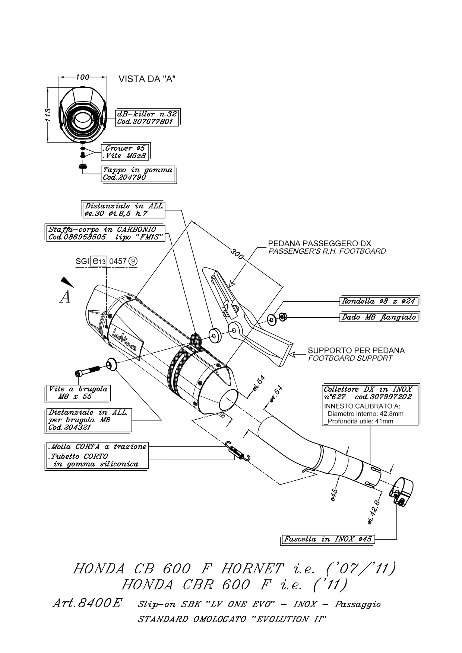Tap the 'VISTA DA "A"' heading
click(147, 79)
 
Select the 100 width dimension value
click(82, 77)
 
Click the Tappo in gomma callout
click(138, 174)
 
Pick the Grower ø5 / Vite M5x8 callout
click(125, 152)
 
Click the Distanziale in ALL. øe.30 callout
click(123, 210)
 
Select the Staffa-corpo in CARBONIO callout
click(105, 233)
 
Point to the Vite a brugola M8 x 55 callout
click(79, 393)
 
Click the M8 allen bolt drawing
click(88, 371)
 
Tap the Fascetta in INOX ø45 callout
click(328, 539)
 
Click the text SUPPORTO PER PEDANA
click(356, 350)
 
